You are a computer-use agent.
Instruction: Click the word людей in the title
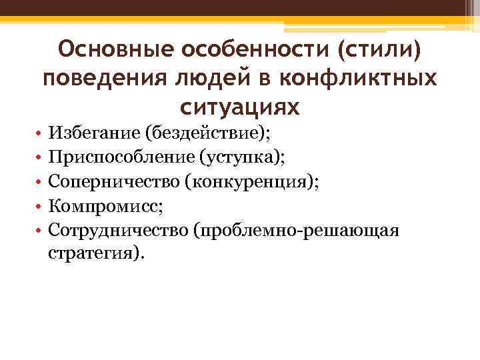point(198,79)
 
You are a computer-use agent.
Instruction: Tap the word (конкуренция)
point(248,181)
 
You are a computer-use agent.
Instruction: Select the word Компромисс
point(101,205)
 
